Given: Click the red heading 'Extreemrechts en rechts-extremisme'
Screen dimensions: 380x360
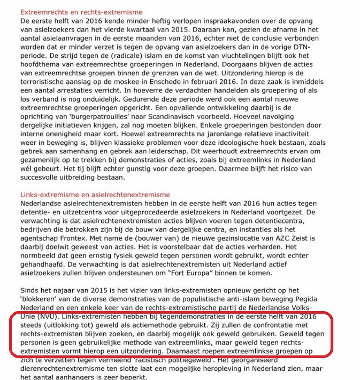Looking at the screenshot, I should pos(85,11).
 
